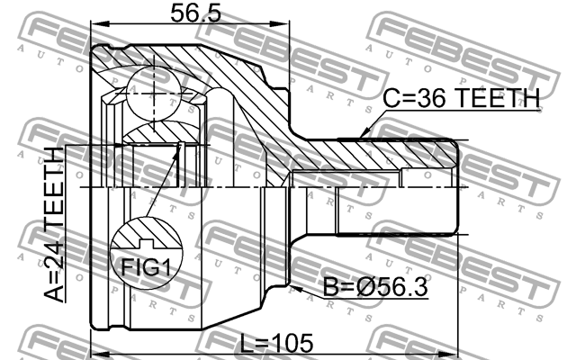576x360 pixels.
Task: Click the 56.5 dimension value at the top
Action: pos(194,13)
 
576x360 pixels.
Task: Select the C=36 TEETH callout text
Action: pos(460,98)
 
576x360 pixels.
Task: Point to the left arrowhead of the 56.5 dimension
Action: pos(96,25)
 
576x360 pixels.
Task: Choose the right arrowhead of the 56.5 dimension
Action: pos(293,25)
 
